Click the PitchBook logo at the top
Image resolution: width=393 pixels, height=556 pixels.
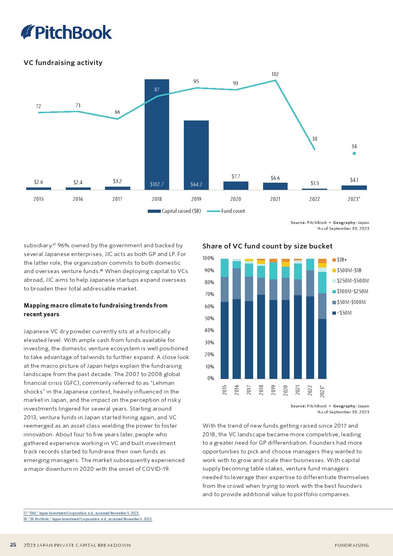pyautogui.click(x=67, y=32)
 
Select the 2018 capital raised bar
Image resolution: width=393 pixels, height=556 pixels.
pyautogui.click(x=156, y=135)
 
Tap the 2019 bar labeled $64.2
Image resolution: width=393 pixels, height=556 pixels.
pyautogui.click(x=196, y=155)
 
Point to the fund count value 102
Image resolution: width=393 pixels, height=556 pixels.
pyautogui.click(x=275, y=74)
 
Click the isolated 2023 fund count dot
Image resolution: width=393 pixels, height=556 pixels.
pyautogui.click(x=354, y=153)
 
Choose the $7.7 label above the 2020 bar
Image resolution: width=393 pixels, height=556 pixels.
pyautogui.click(x=236, y=176)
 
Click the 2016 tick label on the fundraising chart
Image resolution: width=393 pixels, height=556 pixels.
pyautogui.click(x=78, y=199)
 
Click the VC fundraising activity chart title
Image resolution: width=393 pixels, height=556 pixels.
pyautogui.click(x=63, y=63)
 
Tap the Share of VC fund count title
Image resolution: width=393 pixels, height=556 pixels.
pyautogui.click(x=267, y=246)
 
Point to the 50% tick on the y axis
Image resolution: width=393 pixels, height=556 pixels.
pyautogui.click(x=209, y=318)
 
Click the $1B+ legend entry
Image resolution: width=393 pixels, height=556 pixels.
pyautogui.click(x=341, y=260)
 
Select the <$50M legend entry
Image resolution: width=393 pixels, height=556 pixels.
pyautogui.click(x=344, y=313)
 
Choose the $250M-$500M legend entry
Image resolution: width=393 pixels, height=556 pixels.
pyautogui.click(x=353, y=281)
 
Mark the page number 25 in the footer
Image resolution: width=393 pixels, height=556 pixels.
pyautogui.click(x=13, y=545)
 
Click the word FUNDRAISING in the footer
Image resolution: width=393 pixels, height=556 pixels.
pyautogui.click(x=352, y=545)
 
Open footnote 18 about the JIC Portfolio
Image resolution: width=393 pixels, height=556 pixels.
pyautogui.click(x=88, y=519)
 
